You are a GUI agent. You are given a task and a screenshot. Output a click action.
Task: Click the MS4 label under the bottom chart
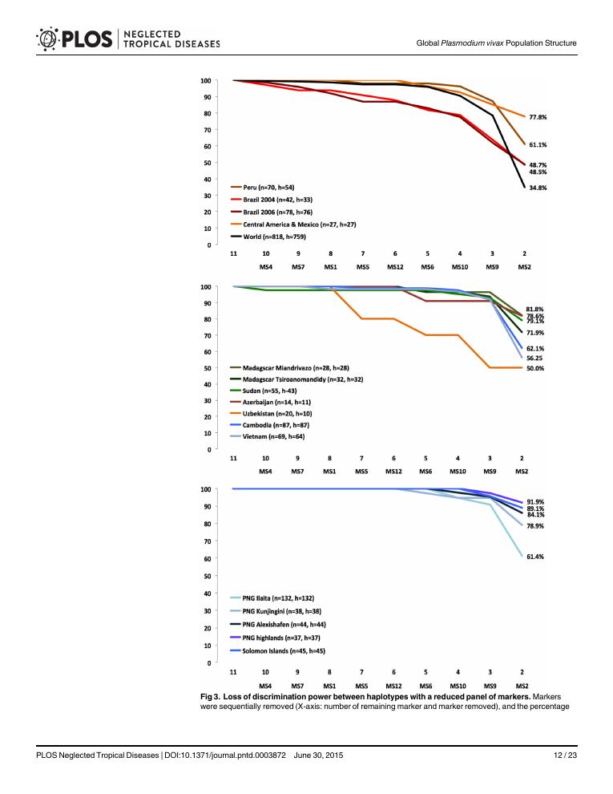click(x=265, y=687)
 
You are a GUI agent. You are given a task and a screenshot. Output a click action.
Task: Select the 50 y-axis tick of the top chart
click(x=206, y=163)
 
